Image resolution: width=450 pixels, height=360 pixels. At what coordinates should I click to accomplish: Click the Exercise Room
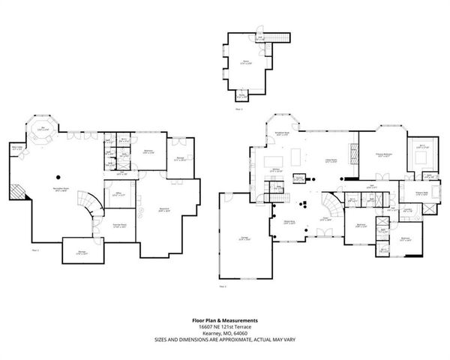click(118, 225)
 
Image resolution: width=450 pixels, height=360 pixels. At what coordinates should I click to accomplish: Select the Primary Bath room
click(432, 193)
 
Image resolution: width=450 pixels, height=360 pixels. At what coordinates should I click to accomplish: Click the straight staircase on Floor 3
click(280, 39)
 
